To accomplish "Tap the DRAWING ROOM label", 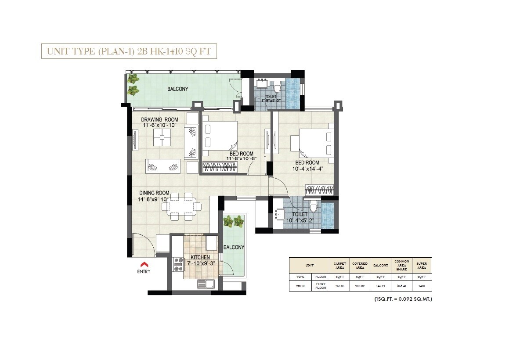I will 159,119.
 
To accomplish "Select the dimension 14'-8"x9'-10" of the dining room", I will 154,199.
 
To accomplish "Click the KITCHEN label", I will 200,257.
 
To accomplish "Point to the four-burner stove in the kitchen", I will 179,264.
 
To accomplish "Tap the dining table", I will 182,205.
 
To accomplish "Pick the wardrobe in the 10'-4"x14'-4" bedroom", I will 320,190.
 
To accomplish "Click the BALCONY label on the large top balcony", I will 177,89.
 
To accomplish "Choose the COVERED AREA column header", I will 360,266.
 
